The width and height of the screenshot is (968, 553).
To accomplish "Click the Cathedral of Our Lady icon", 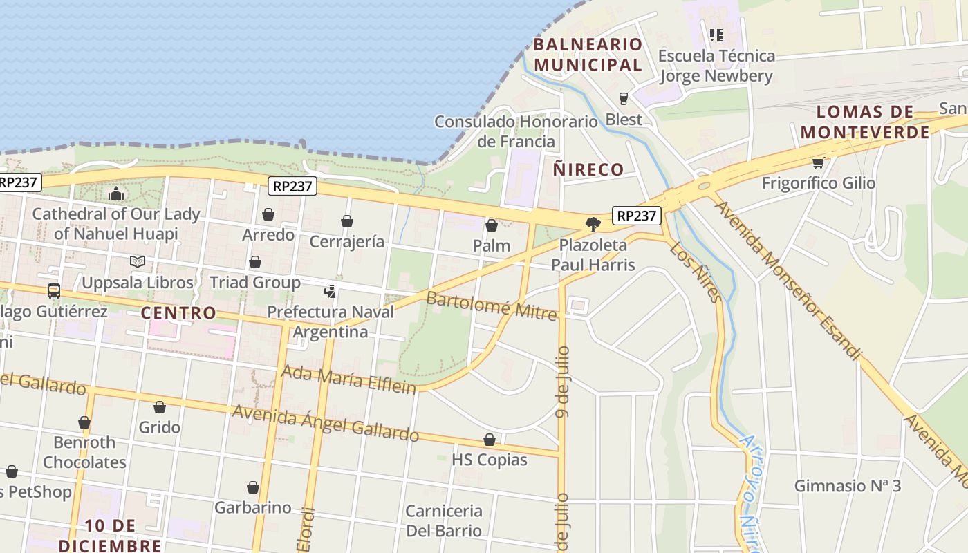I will click(116, 194).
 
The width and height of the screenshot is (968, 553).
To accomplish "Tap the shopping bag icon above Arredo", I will click(268, 215).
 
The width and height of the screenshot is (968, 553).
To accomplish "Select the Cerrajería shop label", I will click(346, 241).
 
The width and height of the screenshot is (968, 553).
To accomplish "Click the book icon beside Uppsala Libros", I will click(138, 262).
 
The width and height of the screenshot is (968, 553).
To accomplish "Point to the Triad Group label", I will click(254, 282).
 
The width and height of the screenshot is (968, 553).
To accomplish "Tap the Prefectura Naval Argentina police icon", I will click(331, 292).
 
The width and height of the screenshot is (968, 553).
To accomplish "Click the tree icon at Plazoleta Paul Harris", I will click(593, 224).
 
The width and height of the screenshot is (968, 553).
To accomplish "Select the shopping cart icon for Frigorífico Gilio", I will click(819, 163).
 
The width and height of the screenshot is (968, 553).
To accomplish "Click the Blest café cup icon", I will click(624, 99).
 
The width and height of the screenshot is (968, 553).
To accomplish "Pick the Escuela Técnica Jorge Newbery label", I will click(716, 65).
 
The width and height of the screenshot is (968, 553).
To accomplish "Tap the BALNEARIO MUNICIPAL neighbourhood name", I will click(588, 55).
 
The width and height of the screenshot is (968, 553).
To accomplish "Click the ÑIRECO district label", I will click(588, 169).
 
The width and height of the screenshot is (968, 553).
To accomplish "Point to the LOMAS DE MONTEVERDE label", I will click(864, 122).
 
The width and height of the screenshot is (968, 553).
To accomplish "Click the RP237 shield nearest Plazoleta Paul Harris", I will click(636, 216).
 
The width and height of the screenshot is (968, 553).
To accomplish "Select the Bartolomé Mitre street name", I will click(491, 306).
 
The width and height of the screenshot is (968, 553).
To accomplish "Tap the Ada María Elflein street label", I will click(348, 379).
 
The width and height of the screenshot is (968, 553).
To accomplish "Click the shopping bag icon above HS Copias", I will click(490, 440).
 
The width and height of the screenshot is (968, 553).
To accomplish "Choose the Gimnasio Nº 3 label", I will click(847, 485).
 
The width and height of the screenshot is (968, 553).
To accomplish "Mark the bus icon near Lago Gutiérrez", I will click(54, 291).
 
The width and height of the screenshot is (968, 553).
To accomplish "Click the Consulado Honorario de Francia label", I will click(516, 131).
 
